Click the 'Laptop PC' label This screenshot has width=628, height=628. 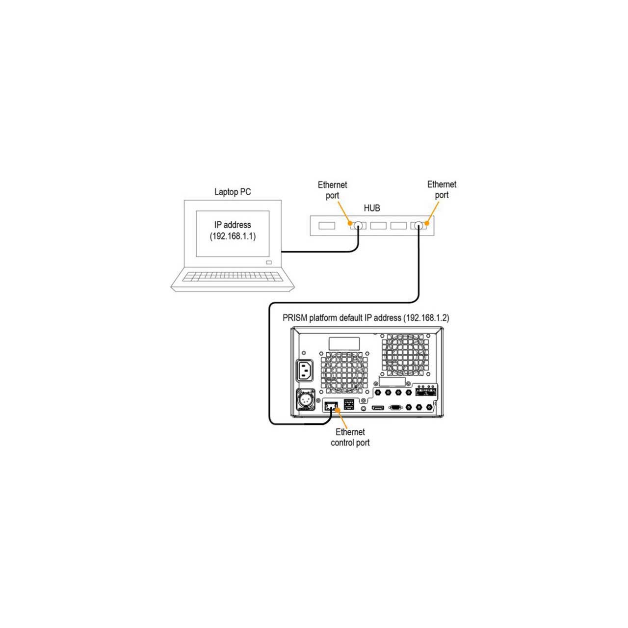[233, 192]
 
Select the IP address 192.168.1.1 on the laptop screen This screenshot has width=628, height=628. [233, 236]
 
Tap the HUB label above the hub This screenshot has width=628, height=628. [372, 208]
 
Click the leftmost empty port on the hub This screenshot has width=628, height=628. [327, 225]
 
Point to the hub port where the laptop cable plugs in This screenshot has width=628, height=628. [358, 225]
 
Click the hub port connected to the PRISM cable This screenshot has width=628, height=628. [418, 225]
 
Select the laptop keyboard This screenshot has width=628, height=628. [233, 277]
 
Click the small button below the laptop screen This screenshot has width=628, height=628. [269, 262]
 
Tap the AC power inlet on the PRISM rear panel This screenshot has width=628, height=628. [304, 370]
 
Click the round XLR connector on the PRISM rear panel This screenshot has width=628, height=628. [305, 399]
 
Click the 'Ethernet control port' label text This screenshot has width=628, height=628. [350, 437]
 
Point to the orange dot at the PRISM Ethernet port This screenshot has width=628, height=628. [337, 410]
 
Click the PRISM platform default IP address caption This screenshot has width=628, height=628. [366, 317]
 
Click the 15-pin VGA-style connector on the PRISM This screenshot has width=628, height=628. [395, 407]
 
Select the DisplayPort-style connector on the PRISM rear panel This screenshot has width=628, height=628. [378, 407]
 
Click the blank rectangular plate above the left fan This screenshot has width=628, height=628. [344, 344]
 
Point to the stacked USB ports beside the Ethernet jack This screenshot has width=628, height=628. [349, 404]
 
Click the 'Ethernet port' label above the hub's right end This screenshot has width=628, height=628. [442, 190]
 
